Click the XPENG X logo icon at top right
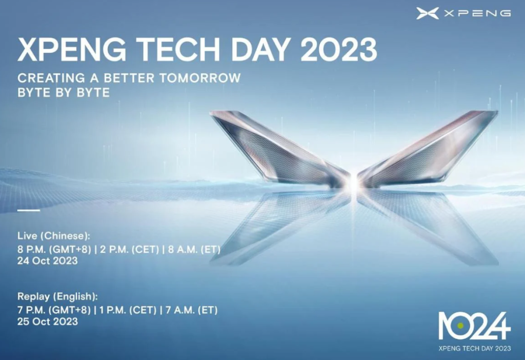428,13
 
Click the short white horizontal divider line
28,210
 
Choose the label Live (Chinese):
54,236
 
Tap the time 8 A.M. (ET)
191,250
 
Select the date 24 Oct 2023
48,261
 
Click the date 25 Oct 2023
48,322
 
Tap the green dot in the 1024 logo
460,325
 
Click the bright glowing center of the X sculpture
353,182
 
